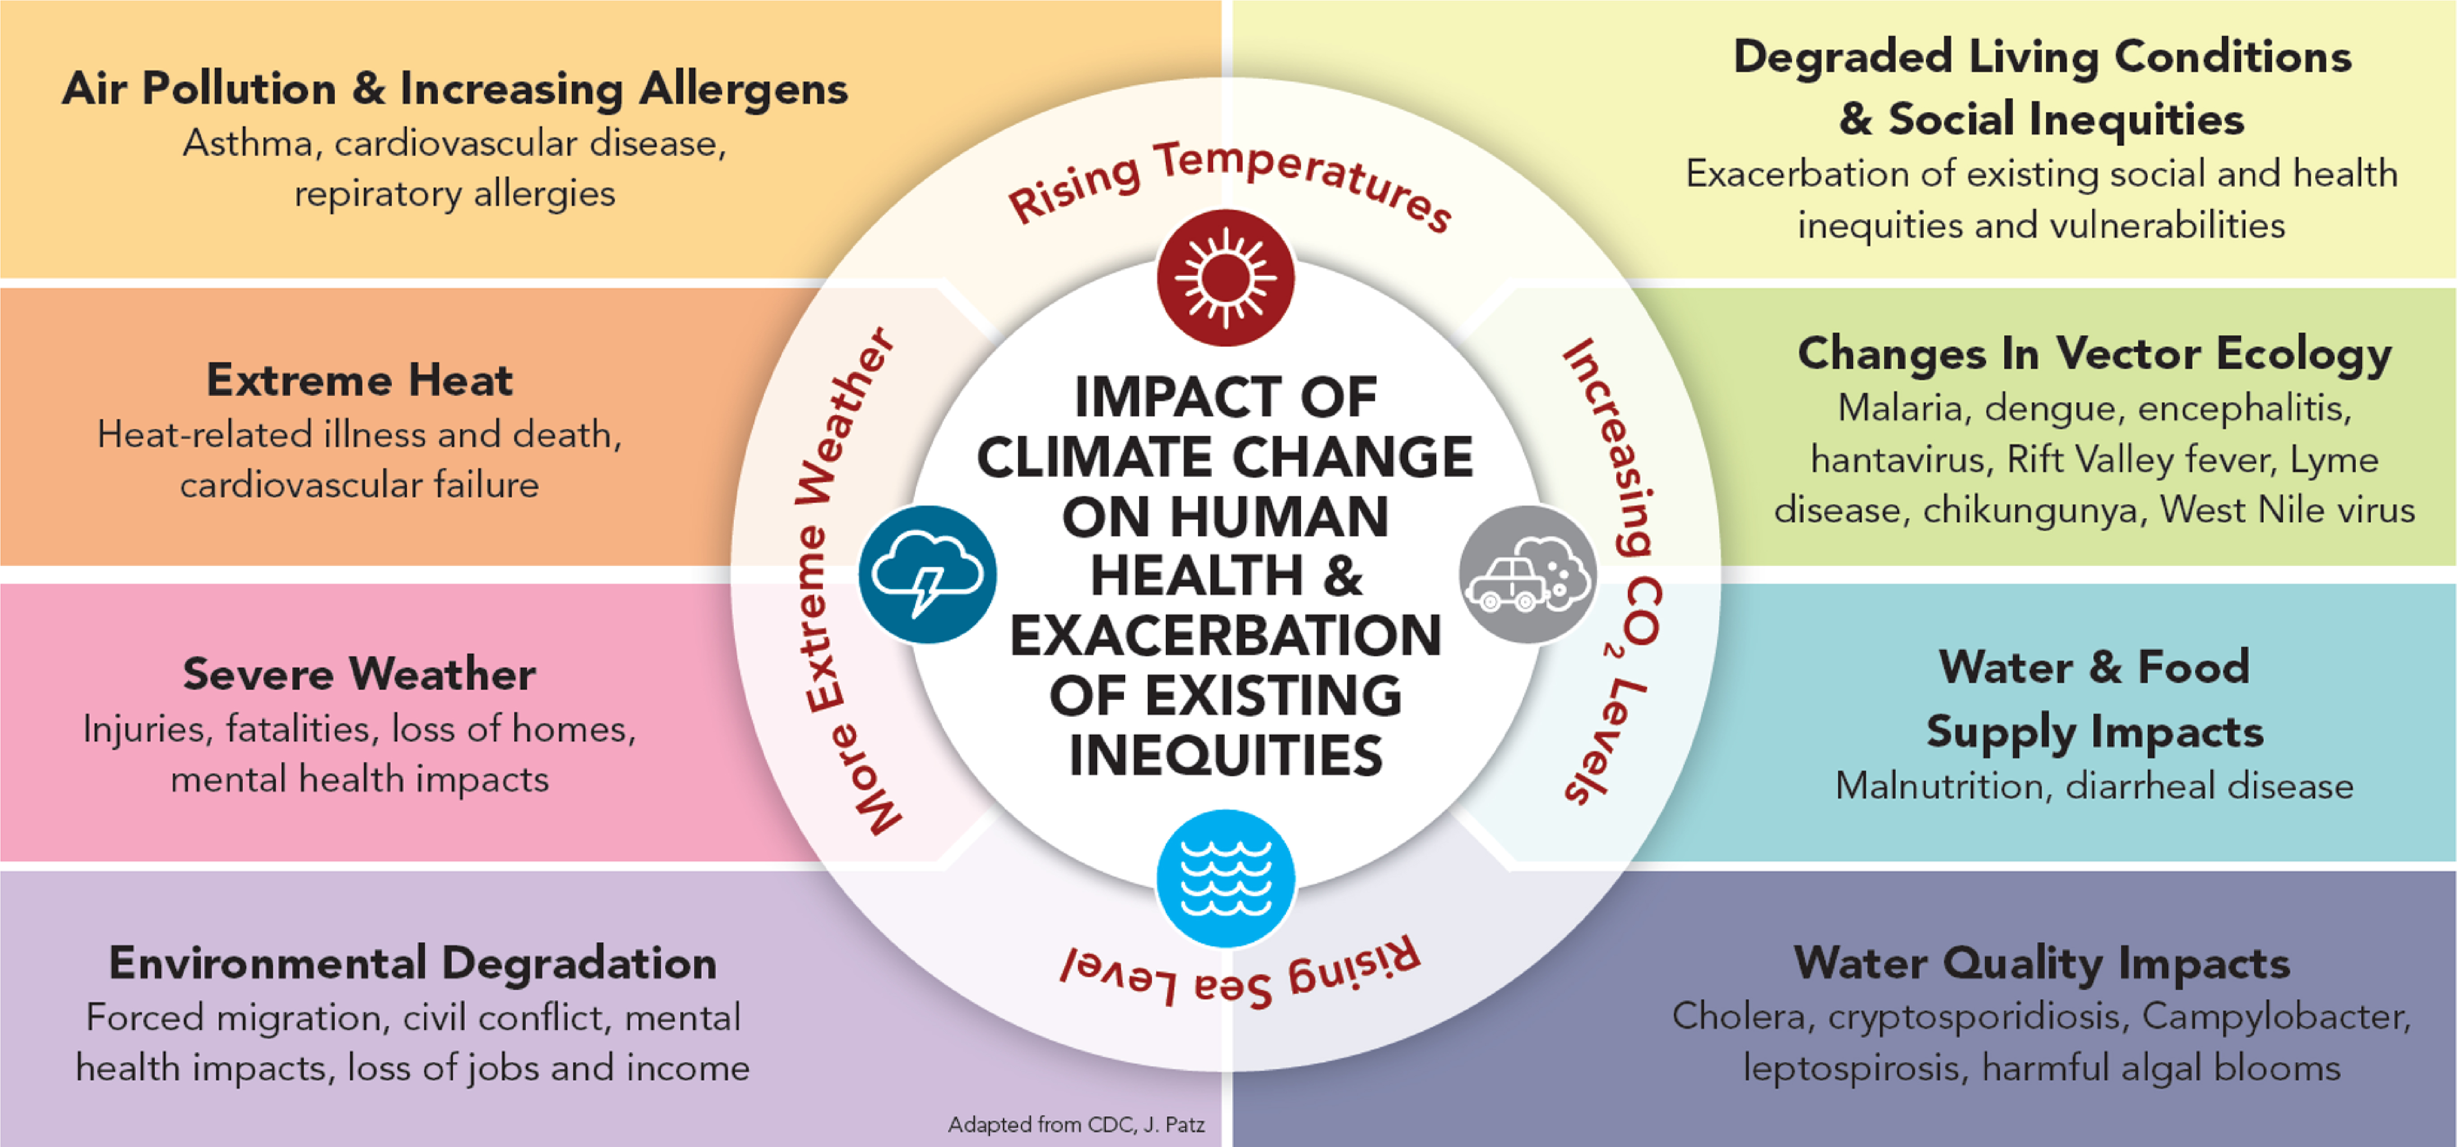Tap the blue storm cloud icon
tap(927, 574)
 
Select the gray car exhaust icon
tap(1528, 574)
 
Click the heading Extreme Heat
tap(360, 380)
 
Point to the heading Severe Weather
tap(360, 674)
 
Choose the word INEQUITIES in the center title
tap(1225, 756)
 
